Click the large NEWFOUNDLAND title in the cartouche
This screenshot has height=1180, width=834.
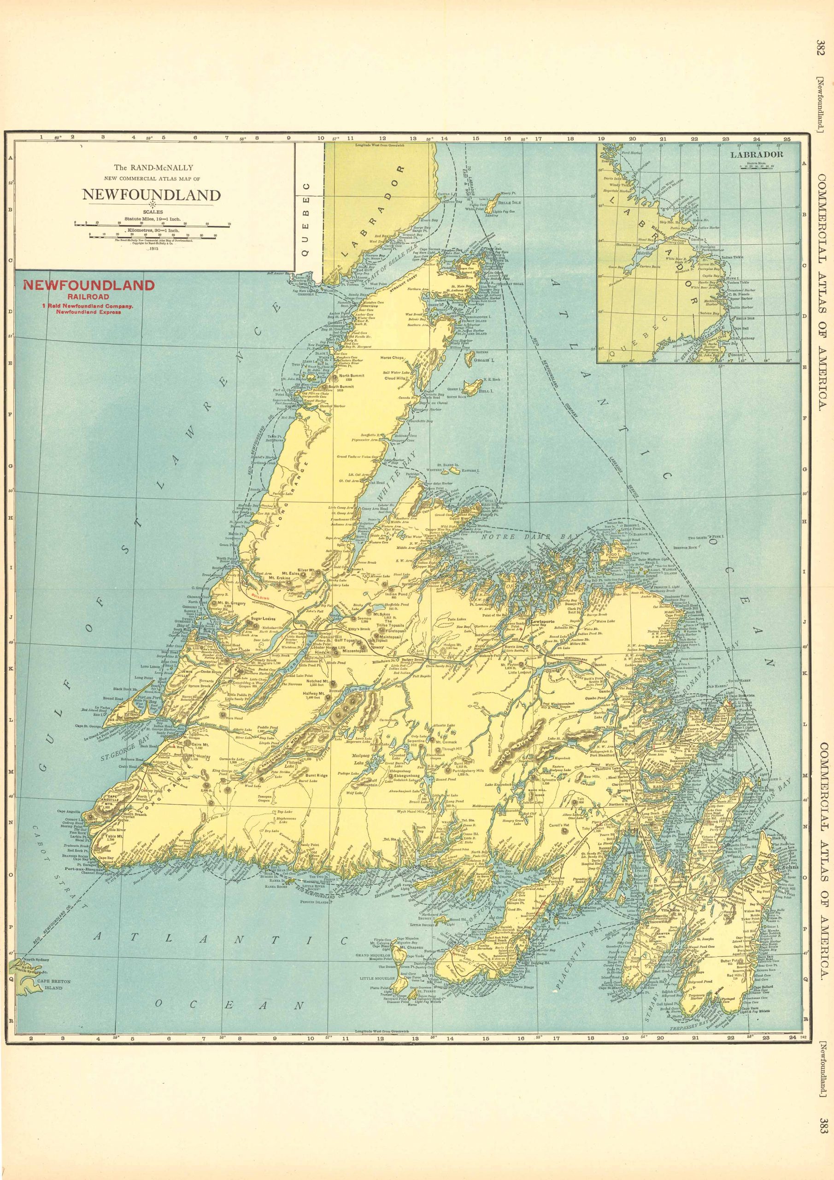pyautogui.click(x=152, y=195)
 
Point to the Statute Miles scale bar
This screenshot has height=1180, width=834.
pyautogui.click(x=152, y=224)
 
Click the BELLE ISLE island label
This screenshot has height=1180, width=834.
pyautogui.click(x=509, y=202)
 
